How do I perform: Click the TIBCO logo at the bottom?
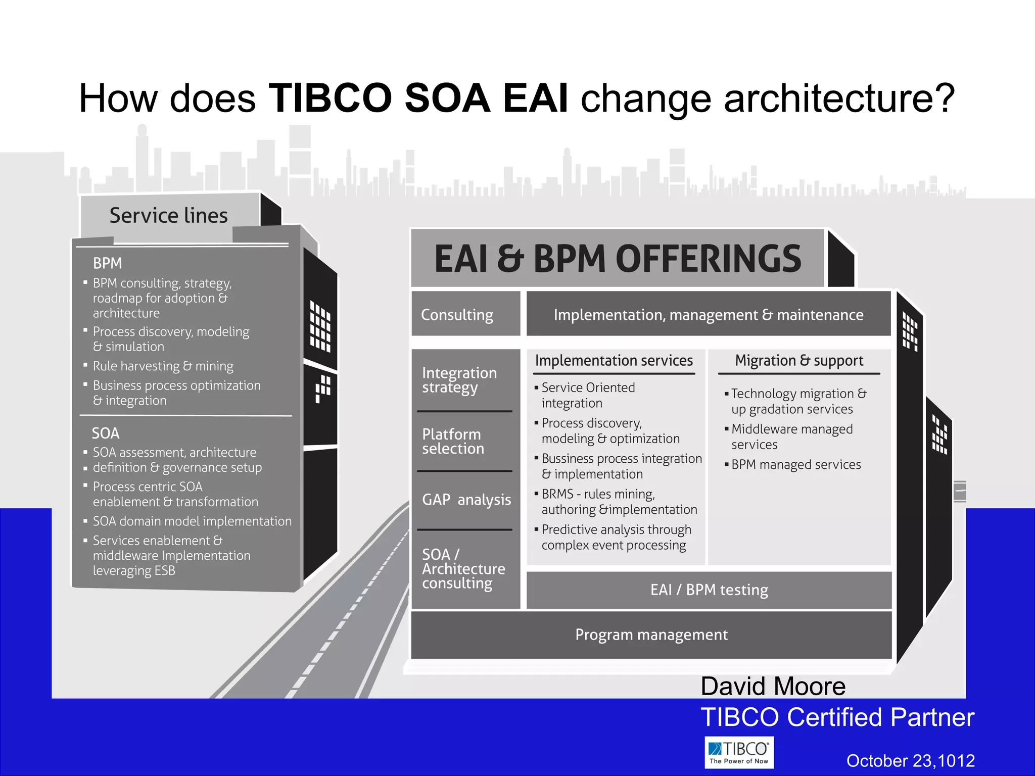739,752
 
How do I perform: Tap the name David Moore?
773,687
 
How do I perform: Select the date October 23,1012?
910,761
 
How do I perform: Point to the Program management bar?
651,635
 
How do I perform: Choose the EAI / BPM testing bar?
709,590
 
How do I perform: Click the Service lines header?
169,216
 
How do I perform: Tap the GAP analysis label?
466,500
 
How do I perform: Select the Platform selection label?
453,442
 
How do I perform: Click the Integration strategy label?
459,380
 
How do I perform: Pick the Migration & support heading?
798,361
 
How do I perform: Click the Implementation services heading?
614,361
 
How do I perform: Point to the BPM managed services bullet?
795,465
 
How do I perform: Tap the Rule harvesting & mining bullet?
163,366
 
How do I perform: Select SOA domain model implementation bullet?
192,521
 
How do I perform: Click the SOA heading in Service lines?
106,433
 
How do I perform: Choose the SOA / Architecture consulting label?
463,569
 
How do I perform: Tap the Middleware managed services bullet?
791,437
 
